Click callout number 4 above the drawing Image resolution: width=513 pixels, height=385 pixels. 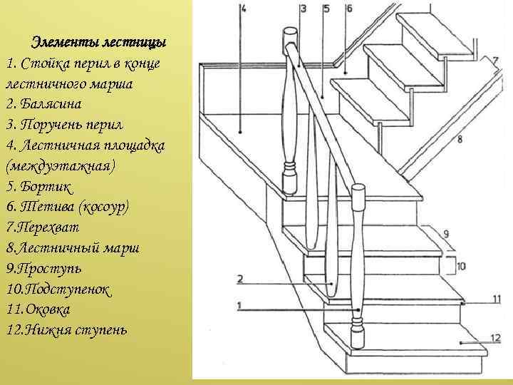243,9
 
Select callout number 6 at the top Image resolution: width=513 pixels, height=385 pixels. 348,9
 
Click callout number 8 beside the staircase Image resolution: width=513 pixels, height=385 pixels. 460,139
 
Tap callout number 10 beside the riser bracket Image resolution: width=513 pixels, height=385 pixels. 461,266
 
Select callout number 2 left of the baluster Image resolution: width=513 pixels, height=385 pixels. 242,279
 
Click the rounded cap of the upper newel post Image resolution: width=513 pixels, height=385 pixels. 290,35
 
